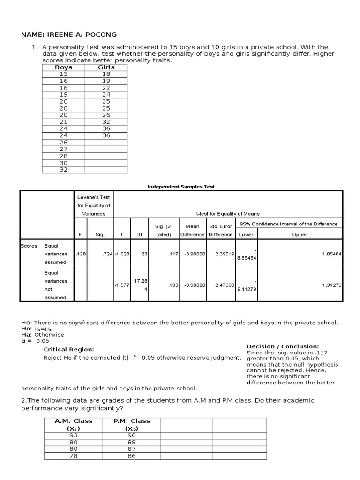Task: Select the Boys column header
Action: click(x=63, y=67)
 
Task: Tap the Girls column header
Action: click(x=106, y=67)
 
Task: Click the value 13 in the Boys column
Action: click(x=63, y=74)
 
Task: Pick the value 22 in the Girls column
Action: click(x=106, y=88)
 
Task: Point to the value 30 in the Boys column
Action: click(x=63, y=163)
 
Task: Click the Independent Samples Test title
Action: click(x=181, y=187)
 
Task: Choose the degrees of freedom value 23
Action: click(x=144, y=254)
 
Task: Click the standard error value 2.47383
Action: click(x=220, y=285)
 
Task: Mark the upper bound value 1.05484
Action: click(x=332, y=254)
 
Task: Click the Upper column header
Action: click(x=300, y=234)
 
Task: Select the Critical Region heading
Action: click(x=69, y=349)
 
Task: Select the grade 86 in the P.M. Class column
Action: click(x=131, y=456)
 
